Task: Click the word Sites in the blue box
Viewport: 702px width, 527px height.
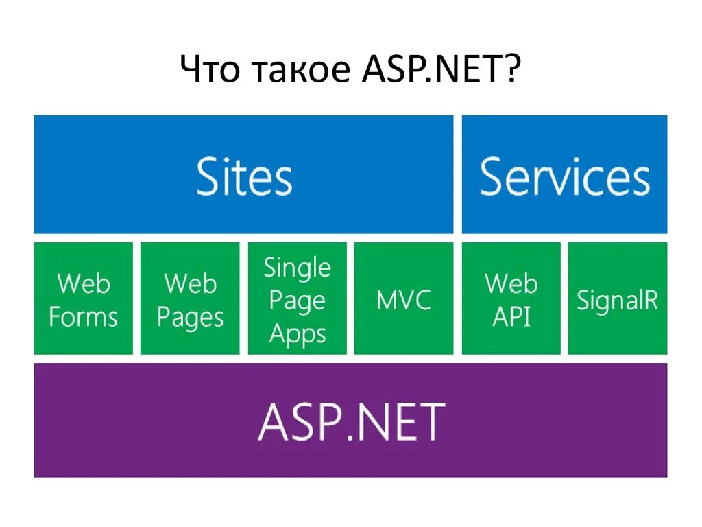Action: coord(244,176)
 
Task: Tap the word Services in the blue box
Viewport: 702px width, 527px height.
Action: coord(564,176)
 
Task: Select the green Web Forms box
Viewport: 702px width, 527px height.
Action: coord(84,298)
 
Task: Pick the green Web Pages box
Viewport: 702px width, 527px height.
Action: coord(190,298)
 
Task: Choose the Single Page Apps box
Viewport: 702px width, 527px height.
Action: coord(297,298)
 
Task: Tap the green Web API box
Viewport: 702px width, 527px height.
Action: coord(511,298)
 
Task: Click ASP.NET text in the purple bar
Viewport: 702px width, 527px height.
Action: coord(351,421)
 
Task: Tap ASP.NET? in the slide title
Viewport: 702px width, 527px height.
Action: coord(439,71)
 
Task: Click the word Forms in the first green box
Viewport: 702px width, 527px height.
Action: coord(84,317)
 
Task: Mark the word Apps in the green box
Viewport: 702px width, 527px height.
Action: coord(297,334)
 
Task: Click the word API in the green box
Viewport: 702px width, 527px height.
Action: coord(511,317)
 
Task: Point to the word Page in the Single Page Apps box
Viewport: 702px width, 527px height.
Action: coord(297,301)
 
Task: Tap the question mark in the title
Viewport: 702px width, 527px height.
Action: coord(513,71)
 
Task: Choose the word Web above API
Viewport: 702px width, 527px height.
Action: coord(511,283)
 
